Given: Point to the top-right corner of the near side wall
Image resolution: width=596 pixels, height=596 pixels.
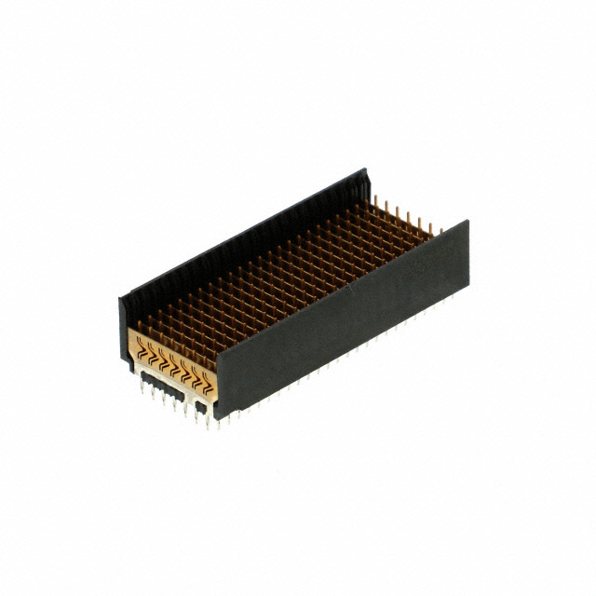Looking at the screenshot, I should click(467, 223).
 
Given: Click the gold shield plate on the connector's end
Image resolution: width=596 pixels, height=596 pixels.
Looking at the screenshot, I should click(172, 359).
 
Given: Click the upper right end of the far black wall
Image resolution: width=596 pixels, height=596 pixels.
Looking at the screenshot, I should click(367, 173).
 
